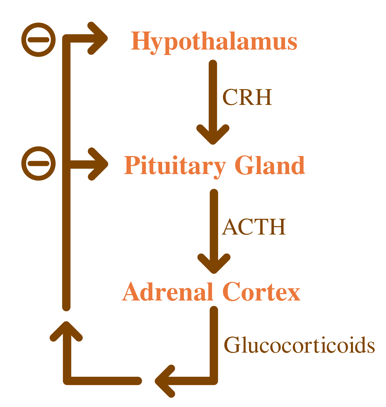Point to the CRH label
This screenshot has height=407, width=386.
(247, 97)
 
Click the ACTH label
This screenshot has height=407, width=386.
(254, 227)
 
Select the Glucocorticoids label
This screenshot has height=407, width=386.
(299, 346)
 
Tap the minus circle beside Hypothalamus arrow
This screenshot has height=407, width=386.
(39, 40)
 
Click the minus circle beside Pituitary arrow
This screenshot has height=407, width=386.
(39, 163)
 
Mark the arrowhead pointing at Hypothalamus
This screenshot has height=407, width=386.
(98, 38)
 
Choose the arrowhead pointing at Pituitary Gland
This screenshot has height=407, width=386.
(98, 164)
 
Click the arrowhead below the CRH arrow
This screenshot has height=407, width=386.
(213, 134)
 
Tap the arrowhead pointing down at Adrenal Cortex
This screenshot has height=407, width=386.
(214, 263)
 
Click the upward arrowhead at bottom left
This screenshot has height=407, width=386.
(66, 331)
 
